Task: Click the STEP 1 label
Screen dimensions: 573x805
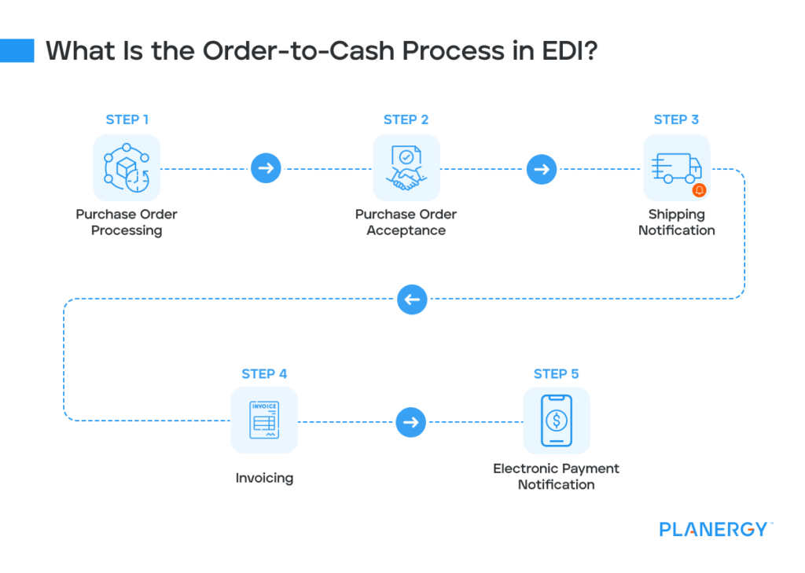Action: click(127, 119)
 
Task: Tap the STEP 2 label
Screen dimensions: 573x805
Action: click(406, 119)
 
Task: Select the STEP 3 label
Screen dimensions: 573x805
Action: click(676, 119)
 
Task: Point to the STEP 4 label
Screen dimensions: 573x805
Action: click(264, 373)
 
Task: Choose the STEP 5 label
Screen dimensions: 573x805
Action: click(556, 373)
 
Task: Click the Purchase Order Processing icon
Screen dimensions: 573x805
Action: click(127, 167)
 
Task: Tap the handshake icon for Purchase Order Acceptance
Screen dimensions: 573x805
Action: click(406, 167)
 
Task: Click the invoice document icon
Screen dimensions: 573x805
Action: click(264, 421)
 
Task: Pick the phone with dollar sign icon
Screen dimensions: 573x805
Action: click(556, 421)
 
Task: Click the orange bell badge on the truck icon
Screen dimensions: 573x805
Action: click(699, 190)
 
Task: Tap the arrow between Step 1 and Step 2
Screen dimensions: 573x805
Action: click(266, 168)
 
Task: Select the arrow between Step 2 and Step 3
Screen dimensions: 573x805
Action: click(541, 168)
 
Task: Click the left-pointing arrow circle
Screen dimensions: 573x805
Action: click(412, 299)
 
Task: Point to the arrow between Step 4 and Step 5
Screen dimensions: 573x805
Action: click(410, 422)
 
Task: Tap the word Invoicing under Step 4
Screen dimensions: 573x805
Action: click(264, 477)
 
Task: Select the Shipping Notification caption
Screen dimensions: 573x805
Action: click(676, 222)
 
